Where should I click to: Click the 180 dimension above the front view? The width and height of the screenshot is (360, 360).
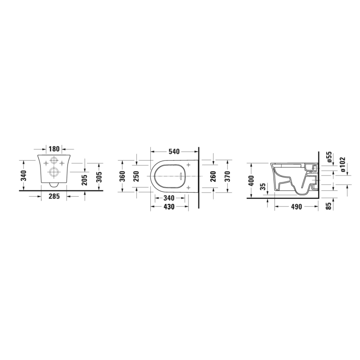point(54,149)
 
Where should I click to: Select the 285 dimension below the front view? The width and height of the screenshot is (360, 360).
point(54,196)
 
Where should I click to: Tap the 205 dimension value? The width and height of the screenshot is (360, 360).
point(85,180)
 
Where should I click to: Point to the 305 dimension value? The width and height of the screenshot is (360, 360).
point(99,177)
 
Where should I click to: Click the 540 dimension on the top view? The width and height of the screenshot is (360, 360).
point(174,152)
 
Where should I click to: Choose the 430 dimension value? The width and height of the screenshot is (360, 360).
point(169,207)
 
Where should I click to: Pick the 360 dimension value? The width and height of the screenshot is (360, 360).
point(123,176)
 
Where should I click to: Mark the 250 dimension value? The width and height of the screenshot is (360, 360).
point(136,176)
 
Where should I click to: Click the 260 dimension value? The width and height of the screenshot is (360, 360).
point(213,176)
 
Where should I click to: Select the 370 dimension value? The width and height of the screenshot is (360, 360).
point(228,176)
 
